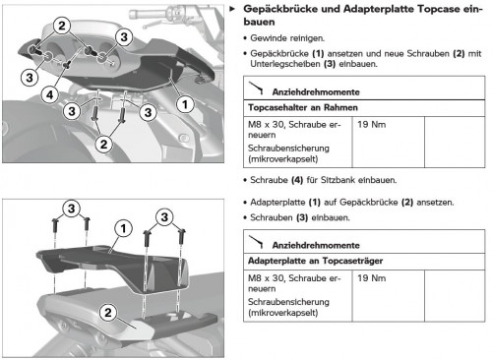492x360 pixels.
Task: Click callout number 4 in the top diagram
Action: click(50, 95)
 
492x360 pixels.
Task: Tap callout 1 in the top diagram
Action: click(185, 104)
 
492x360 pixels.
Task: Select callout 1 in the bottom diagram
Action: click(123, 228)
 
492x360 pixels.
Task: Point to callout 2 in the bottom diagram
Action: click(108, 312)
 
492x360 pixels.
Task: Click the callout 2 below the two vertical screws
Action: click(104, 144)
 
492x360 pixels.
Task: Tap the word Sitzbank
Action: click(338, 180)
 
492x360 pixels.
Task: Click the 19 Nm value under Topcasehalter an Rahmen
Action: click(372, 125)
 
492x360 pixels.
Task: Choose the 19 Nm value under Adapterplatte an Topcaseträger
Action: click(372, 278)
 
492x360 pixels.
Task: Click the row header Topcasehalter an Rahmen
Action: click(303, 107)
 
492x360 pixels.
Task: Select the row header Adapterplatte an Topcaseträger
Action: click(315, 261)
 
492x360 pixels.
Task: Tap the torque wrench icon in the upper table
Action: click(256, 88)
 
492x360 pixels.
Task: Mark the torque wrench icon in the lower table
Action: click(256, 241)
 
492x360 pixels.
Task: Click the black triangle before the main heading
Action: click(232, 9)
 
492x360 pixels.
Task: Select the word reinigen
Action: click(308, 38)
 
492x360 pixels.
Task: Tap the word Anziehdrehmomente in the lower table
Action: click(316, 245)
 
